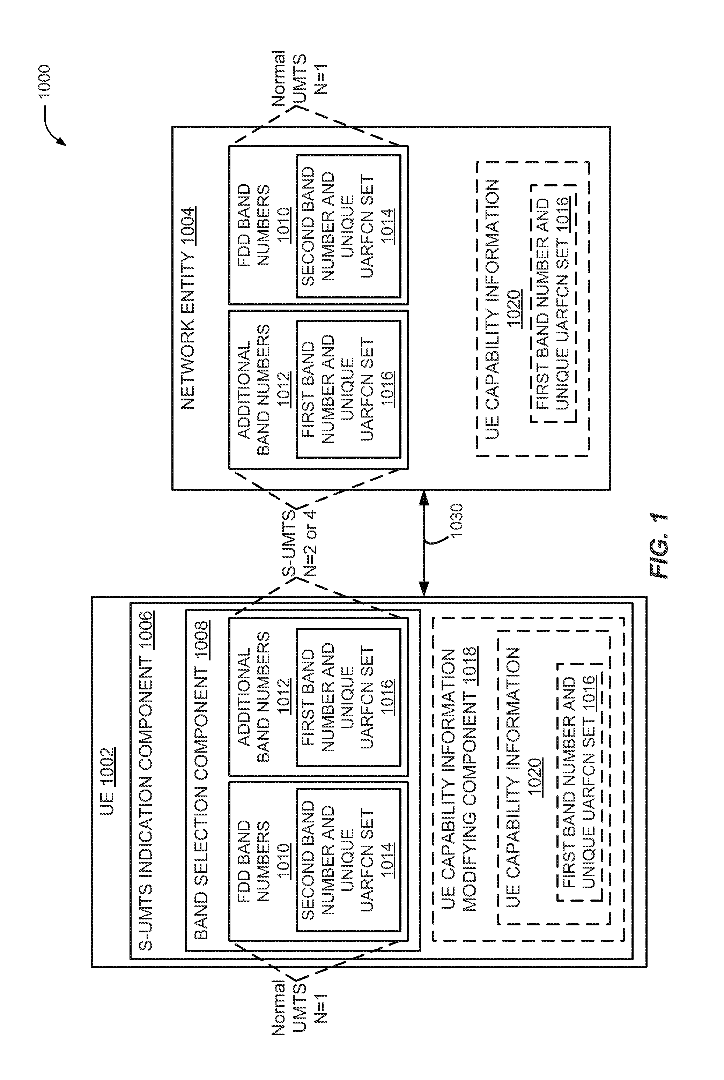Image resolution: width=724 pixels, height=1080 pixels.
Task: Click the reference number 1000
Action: click(45, 81)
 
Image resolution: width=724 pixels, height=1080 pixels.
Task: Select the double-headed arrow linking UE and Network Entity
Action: click(424, 543)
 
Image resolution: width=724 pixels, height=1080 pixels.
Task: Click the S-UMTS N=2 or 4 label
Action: click(300, 543)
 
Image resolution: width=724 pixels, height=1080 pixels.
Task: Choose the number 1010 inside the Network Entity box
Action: click(284, 225)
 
